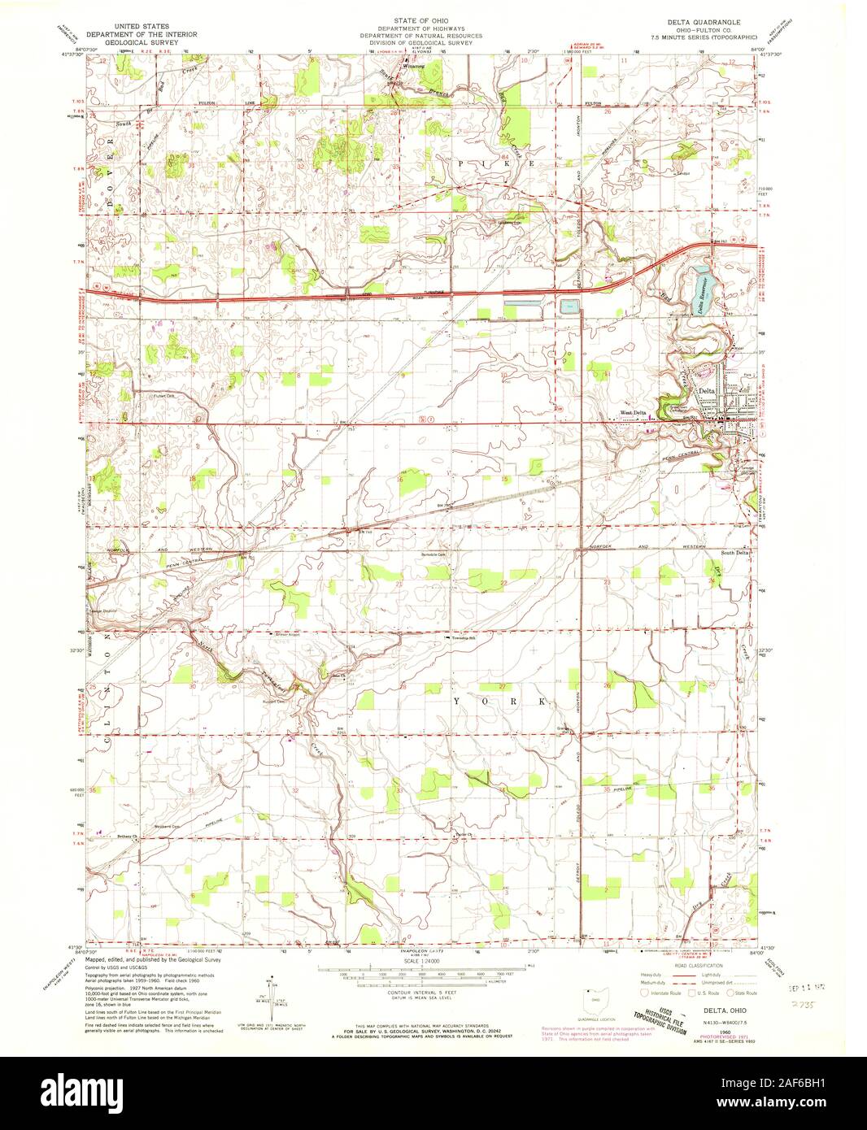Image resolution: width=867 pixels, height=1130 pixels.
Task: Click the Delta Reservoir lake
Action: click(700, 289)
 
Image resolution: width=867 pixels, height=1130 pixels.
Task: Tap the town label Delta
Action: click(708, 391)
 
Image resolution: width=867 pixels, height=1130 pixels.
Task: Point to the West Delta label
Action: click(634, 413)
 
